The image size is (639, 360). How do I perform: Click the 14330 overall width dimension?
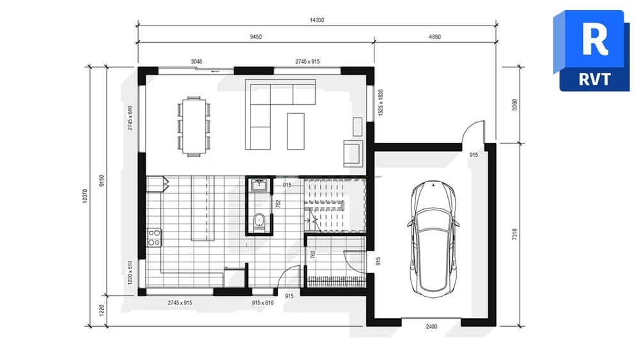point(317,20)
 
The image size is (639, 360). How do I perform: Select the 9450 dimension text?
point(254,37)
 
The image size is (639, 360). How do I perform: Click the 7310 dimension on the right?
point(515,233)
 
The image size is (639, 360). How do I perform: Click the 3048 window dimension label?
point(197,61)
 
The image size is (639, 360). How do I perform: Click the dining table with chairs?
point(193,125)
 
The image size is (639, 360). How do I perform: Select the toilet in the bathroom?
point(259,222)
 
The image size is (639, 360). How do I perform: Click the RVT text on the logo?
point(592,79)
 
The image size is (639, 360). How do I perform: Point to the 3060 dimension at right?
point(515,105)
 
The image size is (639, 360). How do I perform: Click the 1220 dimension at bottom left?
point(101,311)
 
